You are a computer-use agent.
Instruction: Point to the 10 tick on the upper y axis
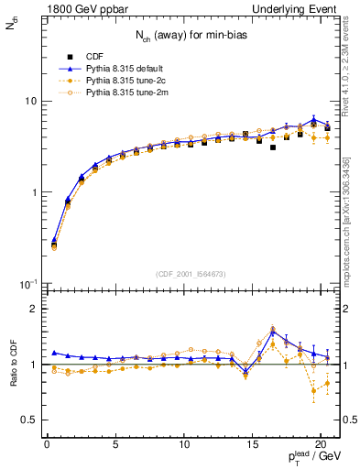(x=28, y=101)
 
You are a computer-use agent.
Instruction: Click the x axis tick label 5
(x=115, y=447)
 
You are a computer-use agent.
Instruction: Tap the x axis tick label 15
(x=252, y=447)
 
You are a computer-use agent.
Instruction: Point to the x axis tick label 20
(x=320, y=447)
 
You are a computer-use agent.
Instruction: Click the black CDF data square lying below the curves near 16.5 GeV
(x=273, y=147)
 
